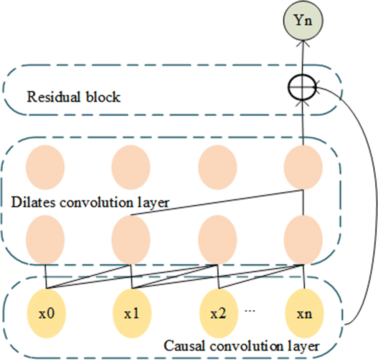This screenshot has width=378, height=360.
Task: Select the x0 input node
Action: click(x=46, y=313)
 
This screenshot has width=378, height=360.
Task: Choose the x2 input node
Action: click(x=218, y=313)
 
